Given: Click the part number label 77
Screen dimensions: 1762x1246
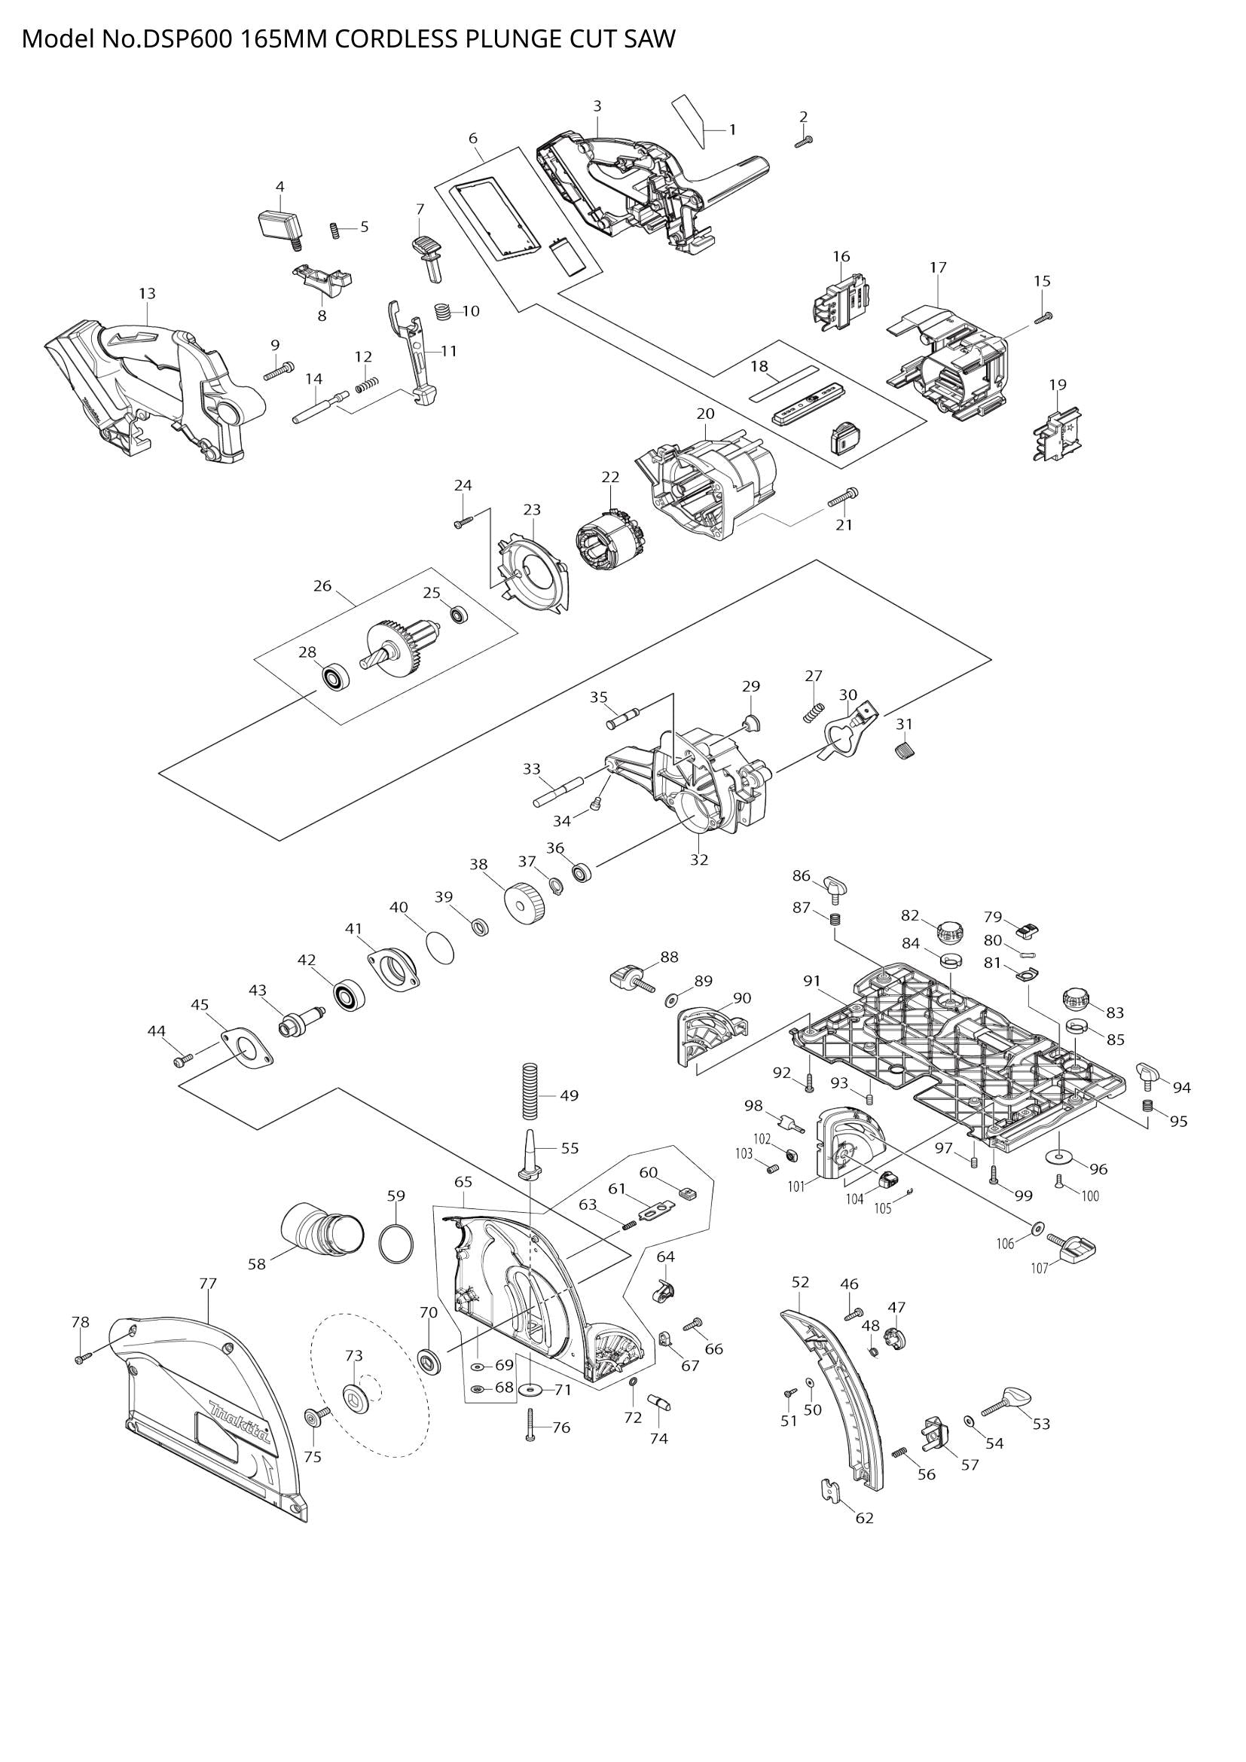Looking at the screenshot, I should coord(207,1282).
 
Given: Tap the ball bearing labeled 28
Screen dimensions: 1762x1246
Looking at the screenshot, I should coord(335,679).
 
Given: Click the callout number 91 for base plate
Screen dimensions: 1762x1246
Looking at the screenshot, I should coord(812,981).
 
